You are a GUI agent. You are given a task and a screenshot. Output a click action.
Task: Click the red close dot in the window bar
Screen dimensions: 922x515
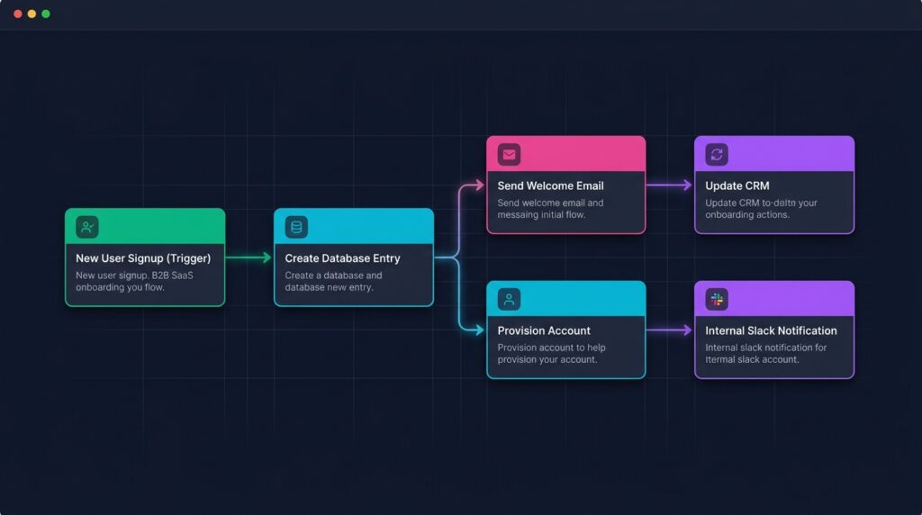tap(18, 14)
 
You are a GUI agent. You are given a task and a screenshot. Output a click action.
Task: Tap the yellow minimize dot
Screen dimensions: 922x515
tap(32, 14)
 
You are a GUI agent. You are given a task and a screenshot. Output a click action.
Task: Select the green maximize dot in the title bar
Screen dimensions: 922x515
tap(46, 14)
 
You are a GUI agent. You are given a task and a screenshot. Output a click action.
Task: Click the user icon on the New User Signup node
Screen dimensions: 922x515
tap(87, 227)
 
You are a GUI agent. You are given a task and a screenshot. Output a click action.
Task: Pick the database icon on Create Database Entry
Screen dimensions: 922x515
tap(296, 227)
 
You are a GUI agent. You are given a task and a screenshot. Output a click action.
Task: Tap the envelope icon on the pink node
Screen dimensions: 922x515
tap(510, 155)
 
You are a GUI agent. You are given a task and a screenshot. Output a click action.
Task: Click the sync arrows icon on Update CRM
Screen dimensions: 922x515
tap(717, 155)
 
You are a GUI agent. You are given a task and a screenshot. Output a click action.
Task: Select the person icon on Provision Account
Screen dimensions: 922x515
tap(510, 299)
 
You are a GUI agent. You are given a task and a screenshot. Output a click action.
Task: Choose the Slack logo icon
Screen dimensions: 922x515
tap(717, 299)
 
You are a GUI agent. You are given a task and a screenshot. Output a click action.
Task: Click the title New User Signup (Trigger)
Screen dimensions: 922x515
tap(143, 258)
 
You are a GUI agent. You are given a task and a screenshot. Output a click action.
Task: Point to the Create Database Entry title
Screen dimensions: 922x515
tap(342, 258)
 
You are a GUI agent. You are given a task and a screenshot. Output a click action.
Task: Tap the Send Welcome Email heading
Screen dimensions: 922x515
tap(550, 185)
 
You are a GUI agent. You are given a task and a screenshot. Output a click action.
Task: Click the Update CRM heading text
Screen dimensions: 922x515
tap(737, 185)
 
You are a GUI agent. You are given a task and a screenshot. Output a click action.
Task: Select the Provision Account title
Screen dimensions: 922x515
tap(544, 330)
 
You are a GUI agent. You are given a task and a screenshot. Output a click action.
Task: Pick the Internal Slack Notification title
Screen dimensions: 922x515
tap(771, 330)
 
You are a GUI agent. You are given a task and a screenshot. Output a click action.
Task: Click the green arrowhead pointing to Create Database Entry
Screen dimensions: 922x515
tap(267, 257)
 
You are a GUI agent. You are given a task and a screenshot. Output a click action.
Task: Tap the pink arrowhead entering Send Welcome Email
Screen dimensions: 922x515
tap(480, 185)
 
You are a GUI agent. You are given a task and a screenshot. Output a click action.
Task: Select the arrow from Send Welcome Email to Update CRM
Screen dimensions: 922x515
tap(669, 185)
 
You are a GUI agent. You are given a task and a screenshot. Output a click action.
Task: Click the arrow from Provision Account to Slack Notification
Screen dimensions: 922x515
tap(669, 330)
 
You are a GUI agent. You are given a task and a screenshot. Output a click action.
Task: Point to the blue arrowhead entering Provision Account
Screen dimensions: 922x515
tap(480, 330)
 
